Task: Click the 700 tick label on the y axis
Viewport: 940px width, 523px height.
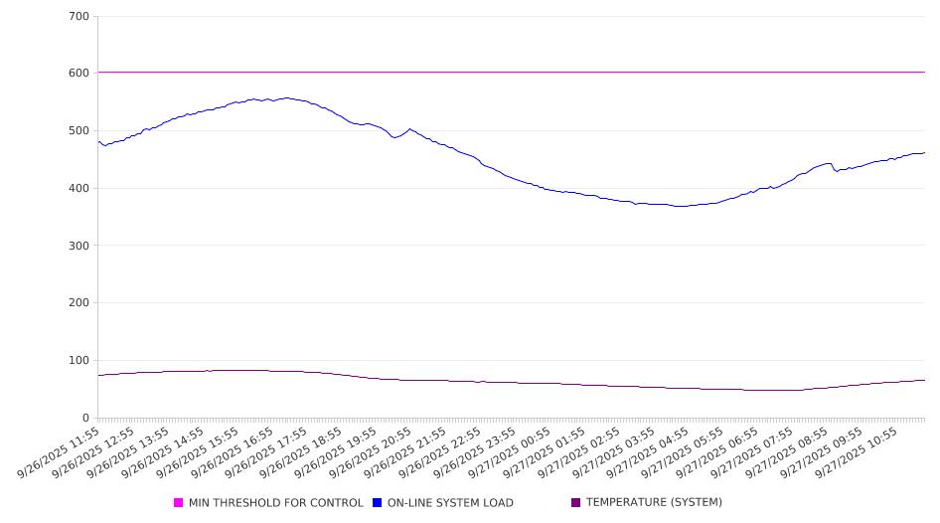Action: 79,17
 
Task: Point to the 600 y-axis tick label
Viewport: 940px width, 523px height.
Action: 79,74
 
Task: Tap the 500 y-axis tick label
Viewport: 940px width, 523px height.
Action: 79,131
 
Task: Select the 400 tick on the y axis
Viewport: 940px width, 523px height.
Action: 79,189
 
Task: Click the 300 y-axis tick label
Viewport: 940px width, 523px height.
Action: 79,246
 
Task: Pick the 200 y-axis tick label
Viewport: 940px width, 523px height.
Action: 79,303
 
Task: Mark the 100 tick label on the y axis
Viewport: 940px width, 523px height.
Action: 79,361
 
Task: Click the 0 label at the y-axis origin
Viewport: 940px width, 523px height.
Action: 86,419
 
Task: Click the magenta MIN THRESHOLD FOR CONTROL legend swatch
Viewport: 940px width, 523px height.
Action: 179,503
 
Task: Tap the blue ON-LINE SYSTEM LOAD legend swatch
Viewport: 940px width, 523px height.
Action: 378,503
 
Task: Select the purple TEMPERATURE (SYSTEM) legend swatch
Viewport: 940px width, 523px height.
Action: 576,503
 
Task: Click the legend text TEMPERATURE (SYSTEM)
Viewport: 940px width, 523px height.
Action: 654,503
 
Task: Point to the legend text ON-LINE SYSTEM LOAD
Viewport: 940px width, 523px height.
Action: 450,503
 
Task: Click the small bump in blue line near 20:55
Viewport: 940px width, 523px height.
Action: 409,129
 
